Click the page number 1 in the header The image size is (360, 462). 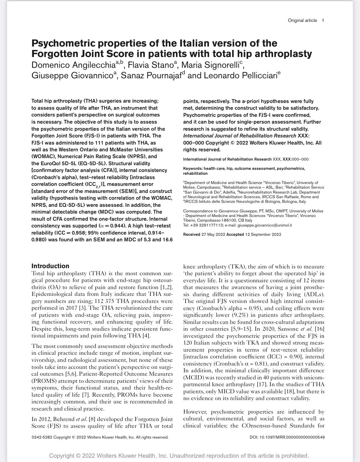323,20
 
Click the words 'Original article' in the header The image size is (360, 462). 302,20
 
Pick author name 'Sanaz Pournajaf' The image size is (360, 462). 150,76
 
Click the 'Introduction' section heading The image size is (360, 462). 50,266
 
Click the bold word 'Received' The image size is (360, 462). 191,235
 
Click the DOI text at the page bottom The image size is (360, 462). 287,437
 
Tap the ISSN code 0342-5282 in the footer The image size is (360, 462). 42,437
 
